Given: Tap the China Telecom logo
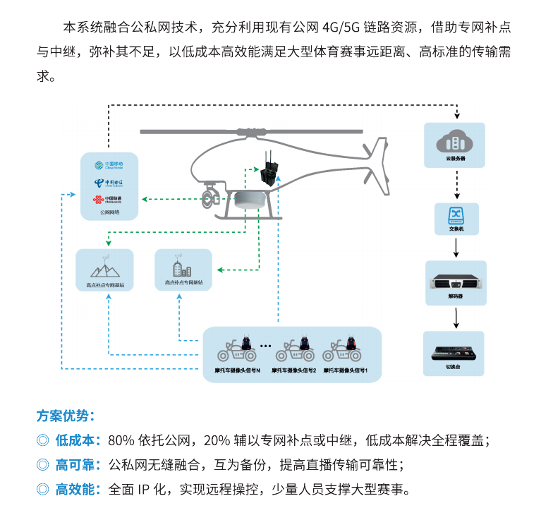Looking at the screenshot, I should [x=107, y=183].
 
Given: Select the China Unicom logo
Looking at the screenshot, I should [x=107, y=199].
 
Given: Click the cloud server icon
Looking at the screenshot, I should [x=454, y=141].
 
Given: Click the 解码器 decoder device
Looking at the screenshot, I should [x=455, y=282].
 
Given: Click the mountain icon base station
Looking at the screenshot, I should [x=104, y=269].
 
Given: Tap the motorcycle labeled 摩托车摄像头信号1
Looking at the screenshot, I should [x=346, y=350].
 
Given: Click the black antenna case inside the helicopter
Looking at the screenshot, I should [x=269, y=174].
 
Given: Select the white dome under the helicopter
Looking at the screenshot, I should [x=252, y=200].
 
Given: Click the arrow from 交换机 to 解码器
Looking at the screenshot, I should [x=455, y=248].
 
